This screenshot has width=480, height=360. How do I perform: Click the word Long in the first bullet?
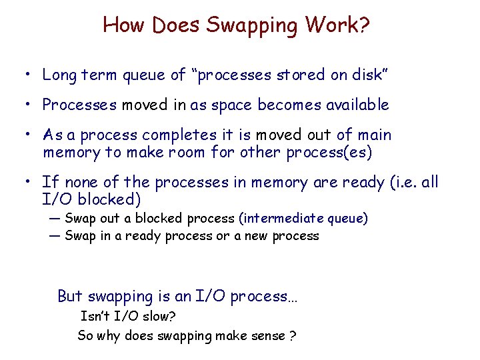(59, 75)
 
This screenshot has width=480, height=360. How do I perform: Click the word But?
(71, 296)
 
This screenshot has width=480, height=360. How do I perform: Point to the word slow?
(159, 316)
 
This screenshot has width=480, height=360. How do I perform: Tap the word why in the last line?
(110, 335)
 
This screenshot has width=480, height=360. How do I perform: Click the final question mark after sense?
(293, 335)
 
